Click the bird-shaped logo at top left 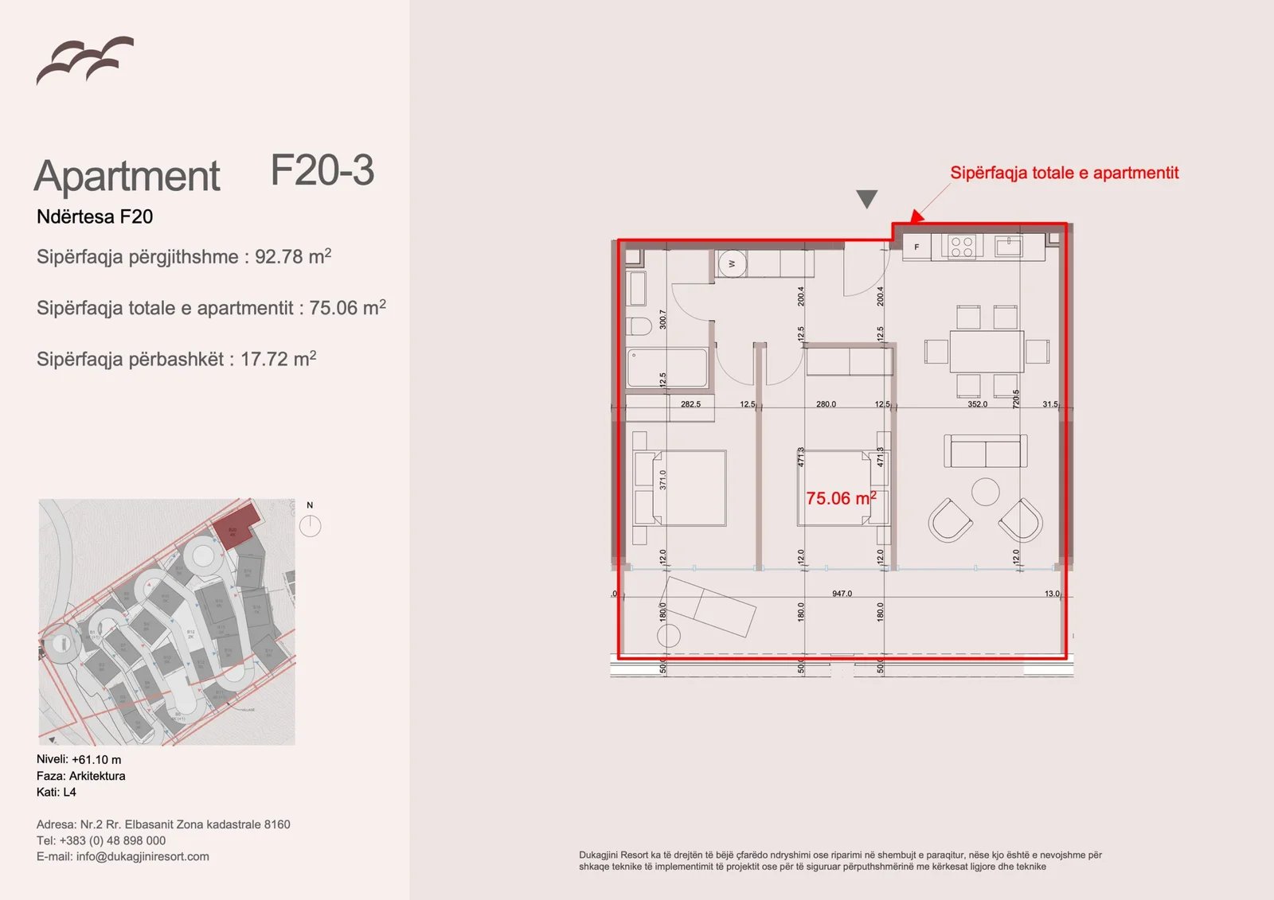[84, 60]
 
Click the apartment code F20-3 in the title [322, 171]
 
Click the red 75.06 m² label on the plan [840, 499]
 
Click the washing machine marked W [732, 263]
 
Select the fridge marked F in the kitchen [916, 247]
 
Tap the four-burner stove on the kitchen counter [961, 247]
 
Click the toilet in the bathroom [639, 326]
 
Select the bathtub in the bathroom [666, 368]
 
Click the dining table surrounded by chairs [986, 351]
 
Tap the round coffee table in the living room [985, 491]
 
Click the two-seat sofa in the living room [985, 451]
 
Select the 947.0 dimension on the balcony [842, 594]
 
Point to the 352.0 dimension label [977, 404]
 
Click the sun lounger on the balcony [710, 607]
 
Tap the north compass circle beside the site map [310, 526]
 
